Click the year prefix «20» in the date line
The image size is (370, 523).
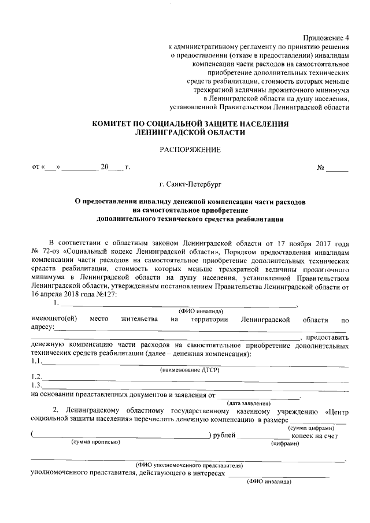coord(104,168)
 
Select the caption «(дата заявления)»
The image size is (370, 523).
coord(249,402)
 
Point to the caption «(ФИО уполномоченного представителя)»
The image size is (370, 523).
coord(188,465)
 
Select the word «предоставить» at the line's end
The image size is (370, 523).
coord(327,337)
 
